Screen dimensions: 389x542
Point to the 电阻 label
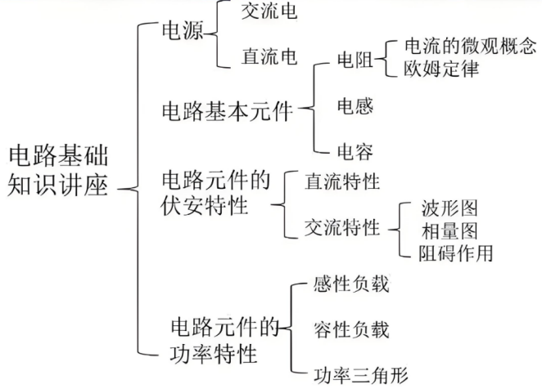[x=356, y=59]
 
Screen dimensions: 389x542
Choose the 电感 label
[x=356, y=105]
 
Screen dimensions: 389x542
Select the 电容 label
[x=356, y=152]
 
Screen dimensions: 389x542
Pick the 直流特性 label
[x=342, y=179]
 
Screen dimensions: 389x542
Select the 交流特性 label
[x=342, y=226]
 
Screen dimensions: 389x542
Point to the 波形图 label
[x=449, y=208]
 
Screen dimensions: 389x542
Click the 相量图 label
[x=449, y=230]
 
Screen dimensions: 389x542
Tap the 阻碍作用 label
[x=455, y=253]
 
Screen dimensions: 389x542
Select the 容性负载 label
[x=350, y=330]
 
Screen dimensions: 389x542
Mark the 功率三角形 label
[x=359, y=376]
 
